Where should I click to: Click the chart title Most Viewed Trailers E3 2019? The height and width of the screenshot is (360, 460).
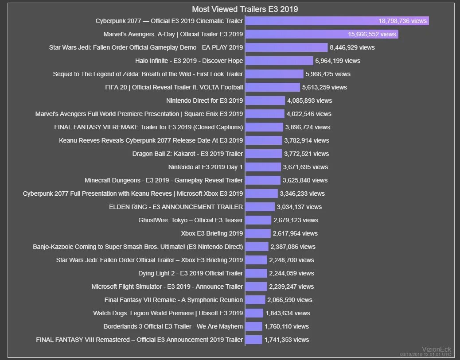point(245,9)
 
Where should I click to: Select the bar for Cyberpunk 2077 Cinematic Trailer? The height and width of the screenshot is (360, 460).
point(310,21)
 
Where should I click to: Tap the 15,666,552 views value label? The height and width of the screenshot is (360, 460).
point(372,34)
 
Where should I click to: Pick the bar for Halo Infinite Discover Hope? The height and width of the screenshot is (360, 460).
point(279,61)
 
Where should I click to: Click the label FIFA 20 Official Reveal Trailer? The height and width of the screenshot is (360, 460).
point(174,87)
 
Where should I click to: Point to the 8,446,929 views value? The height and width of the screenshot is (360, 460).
point(352,47)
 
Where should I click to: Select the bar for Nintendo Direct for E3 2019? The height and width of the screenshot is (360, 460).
point(265,101)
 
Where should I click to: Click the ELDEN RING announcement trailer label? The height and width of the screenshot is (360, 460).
point(176,207)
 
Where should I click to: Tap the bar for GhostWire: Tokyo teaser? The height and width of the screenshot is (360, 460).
point(258,220)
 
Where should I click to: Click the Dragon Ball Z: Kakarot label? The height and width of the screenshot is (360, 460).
point(187,154)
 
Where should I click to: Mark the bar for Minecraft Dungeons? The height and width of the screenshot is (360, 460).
point(263,180)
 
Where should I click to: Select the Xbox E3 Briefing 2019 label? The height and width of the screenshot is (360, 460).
point(212,233)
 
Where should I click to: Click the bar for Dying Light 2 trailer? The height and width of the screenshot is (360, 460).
point(256,273)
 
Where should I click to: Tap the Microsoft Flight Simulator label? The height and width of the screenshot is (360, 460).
point(167,286)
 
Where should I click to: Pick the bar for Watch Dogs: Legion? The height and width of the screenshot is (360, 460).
point(254,313)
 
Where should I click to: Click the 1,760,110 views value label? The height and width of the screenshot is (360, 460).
point(286,326)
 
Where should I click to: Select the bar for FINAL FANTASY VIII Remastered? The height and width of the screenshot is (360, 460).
point(253,340)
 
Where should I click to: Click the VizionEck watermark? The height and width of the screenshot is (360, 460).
point(436,349)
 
